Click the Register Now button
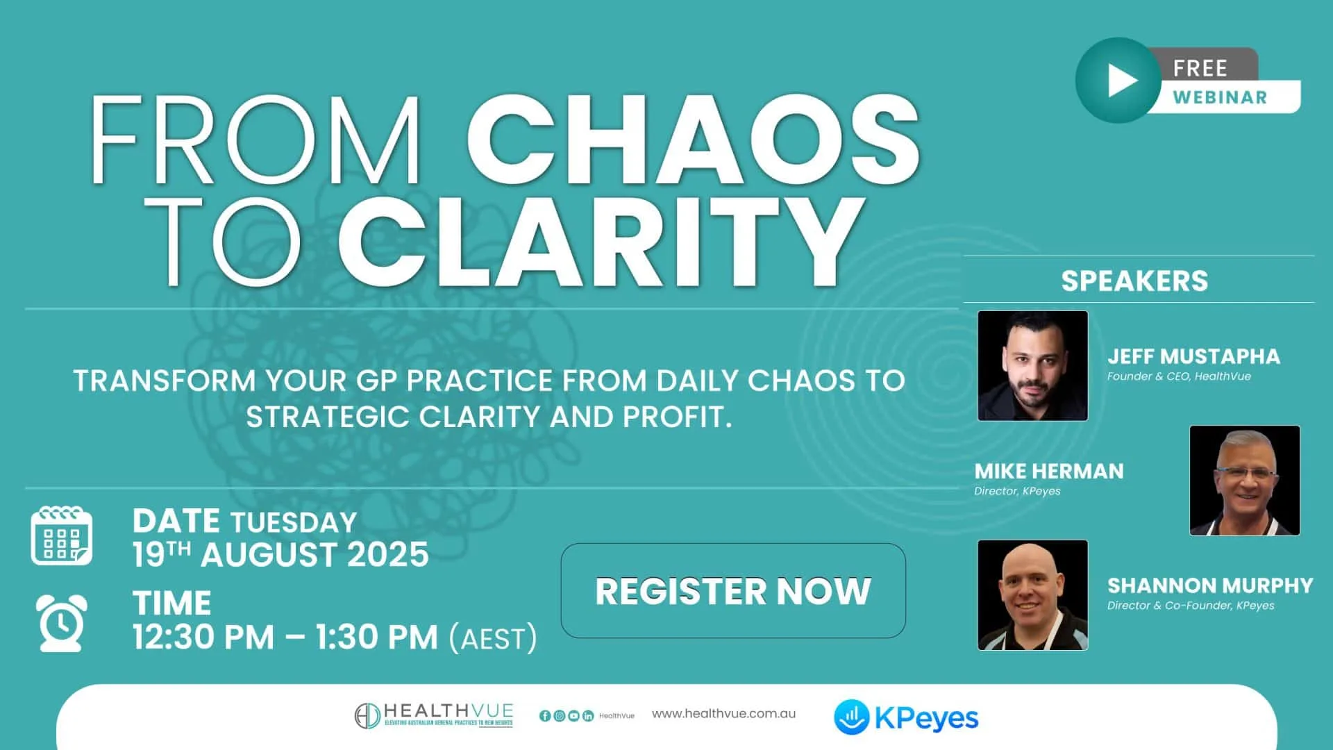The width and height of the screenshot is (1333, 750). (732, 591)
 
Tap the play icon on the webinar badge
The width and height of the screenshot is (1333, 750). (1119, 81)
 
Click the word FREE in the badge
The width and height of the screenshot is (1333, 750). (1200, 68)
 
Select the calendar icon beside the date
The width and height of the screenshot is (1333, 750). (61, 536)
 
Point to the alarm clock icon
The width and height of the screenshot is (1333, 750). (61, 622)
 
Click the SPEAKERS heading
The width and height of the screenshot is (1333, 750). (1134, 281)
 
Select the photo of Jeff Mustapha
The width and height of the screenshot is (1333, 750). (1032, 365)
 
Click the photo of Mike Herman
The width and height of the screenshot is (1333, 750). (1244, 481)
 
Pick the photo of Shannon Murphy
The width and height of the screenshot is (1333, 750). (1032, 595)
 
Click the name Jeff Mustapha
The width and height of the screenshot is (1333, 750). (1193, 356)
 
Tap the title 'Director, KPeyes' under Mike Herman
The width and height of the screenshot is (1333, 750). (1017, 491)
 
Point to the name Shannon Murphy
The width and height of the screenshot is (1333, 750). (1210, 585)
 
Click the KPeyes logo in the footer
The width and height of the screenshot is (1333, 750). (906, 718)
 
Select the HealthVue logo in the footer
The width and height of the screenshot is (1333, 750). (434, 715)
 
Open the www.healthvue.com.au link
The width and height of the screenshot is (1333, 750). (723, 714)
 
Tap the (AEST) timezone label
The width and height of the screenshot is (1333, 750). (493, 638)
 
